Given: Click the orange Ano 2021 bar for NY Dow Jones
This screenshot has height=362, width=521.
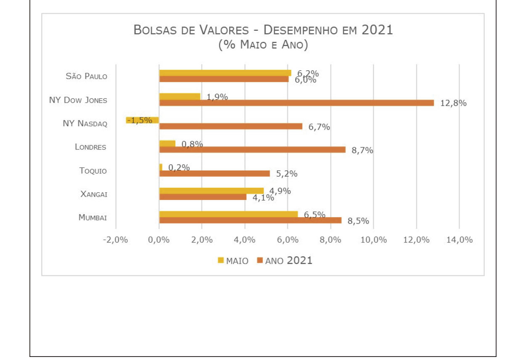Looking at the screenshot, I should click(296, 103).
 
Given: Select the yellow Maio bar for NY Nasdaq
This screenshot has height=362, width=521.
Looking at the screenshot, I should click(142, 120).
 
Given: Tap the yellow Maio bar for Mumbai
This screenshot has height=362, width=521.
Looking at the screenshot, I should click(228, 214).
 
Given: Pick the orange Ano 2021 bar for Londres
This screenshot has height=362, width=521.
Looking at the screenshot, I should click(252, 149).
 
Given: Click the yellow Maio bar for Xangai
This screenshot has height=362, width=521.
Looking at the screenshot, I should click(211, 190).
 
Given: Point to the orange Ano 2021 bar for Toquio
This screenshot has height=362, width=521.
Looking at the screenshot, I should click(214, 173).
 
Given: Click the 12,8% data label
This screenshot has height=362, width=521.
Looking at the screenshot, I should click(453, 103).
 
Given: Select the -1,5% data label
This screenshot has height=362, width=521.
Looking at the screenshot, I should click(140, 120).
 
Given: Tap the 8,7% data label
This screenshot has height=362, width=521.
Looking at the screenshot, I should click(362, 150).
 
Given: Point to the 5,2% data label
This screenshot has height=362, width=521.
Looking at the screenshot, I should click(287, 173).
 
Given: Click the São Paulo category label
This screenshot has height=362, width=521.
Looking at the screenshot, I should click(87, 76).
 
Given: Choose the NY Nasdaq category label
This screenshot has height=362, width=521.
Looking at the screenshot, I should click(85, 123).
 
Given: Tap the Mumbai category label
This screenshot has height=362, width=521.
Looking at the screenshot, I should click(93, 218).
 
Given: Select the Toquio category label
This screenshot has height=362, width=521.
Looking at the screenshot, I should click(93, 170).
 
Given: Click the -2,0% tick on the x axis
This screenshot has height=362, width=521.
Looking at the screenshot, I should click(115, 240).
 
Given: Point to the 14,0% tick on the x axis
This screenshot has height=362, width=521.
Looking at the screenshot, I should click(459, 240).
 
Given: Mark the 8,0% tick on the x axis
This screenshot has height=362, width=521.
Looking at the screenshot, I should click(331, 240).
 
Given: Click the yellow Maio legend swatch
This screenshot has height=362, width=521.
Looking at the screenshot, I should click(221, 261).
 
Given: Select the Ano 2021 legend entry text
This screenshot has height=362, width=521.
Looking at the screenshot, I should click(289, 261).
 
